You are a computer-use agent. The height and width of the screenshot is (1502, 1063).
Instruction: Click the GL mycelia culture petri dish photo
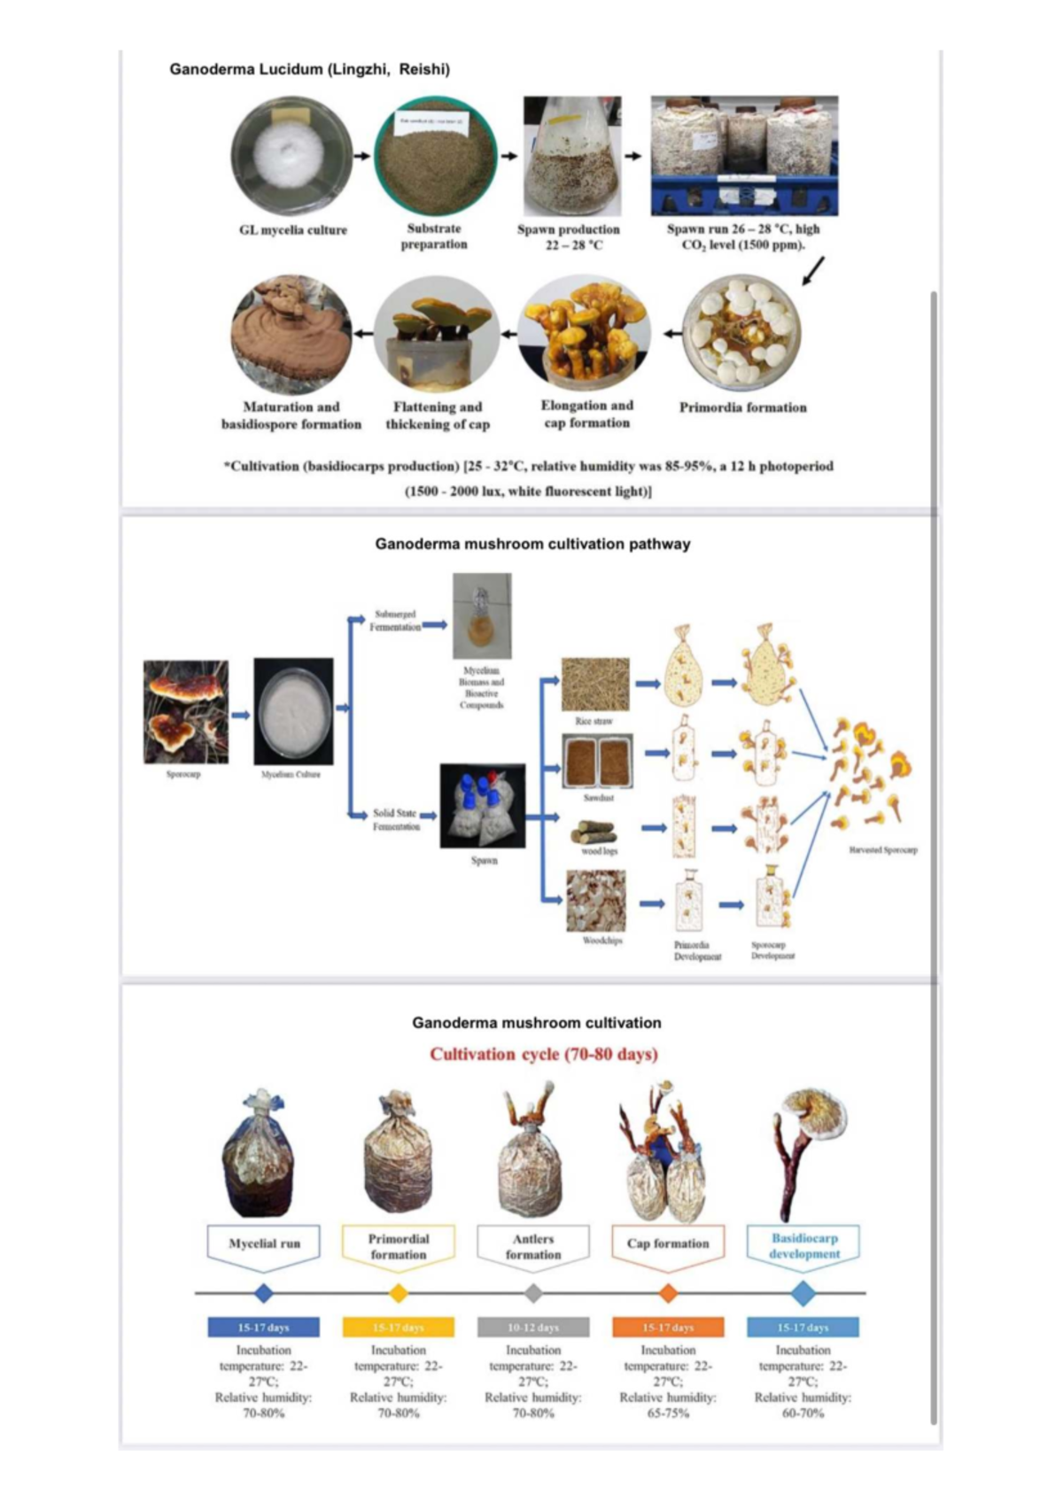tap(292, 157)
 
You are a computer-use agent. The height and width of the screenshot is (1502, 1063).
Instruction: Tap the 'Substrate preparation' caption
tap(434, 236)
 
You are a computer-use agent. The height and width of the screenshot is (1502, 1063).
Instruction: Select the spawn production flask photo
tap(571, 157)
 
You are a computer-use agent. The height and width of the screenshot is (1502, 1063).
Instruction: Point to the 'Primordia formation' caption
tap(742, 407)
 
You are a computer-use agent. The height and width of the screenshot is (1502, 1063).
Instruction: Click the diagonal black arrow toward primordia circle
tap(814, 271)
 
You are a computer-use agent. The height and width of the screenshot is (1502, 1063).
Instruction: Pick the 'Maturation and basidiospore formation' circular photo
tap(291, 335)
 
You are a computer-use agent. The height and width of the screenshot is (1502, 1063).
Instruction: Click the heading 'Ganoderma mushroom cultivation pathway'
tap(532, 544)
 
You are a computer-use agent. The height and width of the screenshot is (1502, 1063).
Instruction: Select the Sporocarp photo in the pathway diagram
tap(186, 712)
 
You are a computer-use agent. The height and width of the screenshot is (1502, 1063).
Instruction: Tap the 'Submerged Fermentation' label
tap(395, 620)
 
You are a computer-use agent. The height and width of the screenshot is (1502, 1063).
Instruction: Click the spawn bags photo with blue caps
tap(483, 806)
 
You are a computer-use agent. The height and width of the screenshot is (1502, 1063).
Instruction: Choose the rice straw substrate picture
tap(595, 684)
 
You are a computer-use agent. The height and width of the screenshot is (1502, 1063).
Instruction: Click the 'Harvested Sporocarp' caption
tap(883, 849)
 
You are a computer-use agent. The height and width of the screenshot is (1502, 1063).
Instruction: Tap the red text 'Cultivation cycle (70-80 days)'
tap(544, 1054)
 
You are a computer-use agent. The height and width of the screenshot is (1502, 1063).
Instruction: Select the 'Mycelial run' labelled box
tap(264, 1243)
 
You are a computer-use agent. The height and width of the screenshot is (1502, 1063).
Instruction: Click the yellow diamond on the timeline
tap(399, 1293)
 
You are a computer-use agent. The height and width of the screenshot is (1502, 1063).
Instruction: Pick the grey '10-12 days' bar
tap(533, 1327)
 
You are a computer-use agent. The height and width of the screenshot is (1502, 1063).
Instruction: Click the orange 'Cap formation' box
tap(668, 1243)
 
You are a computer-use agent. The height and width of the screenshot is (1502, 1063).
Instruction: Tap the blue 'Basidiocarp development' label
tap(804, 1246)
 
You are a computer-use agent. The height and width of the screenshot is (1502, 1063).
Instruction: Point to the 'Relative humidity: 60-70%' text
tap(803, 1405)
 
